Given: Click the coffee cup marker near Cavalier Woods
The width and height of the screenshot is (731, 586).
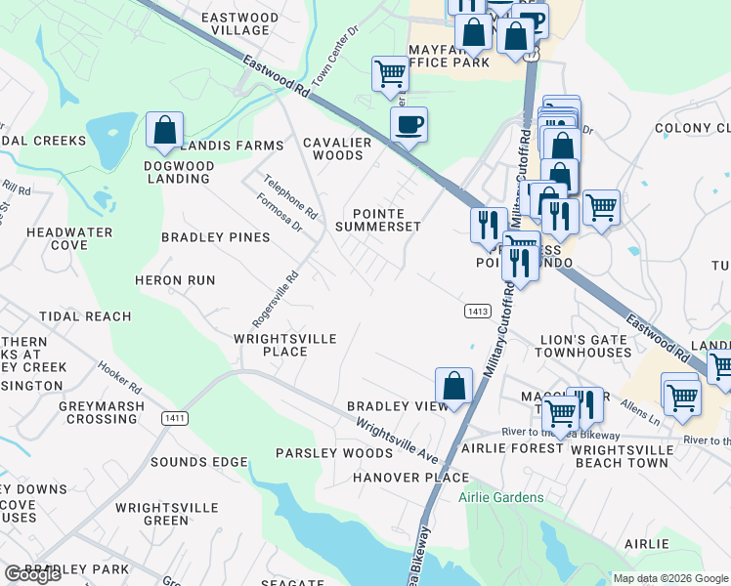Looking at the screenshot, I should tap(408, 125).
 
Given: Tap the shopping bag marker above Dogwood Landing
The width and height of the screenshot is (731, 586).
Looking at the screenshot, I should tap(165, 130).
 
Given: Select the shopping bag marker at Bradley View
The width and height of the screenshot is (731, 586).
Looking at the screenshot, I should tap(453, 386).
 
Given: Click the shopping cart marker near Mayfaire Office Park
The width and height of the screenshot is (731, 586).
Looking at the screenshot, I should tap(390, 73).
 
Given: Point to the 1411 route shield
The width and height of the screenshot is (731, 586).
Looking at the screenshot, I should tap(176, 418).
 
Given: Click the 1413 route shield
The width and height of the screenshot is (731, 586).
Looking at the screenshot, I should tap(477, 311).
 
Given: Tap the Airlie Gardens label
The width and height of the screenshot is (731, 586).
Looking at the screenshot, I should tap(501, 497).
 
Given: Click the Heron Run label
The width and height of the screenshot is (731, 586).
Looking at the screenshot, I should tap(175, 280).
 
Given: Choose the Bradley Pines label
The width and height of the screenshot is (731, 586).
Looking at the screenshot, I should tap(215, 237).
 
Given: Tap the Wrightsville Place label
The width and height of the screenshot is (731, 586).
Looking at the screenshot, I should tap(284, 345).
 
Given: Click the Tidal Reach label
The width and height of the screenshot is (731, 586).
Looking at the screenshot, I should tap(85, 316).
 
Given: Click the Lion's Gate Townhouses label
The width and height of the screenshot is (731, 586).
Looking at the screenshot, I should tap(585, 346).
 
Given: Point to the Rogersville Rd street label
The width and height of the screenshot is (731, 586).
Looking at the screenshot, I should tap(274, 298).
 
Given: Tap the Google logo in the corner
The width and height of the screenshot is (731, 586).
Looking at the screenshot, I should tap(32, 574).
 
